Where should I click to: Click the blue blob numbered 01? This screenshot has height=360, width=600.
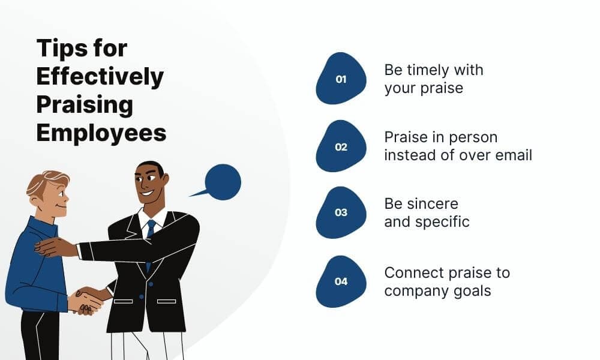tap(341, 79)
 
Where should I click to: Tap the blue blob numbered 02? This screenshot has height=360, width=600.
tap(341, 146)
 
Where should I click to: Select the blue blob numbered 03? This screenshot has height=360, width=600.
tap(341, 213)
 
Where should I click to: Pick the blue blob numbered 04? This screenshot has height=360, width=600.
tap(341, 281)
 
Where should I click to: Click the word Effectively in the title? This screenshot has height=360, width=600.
tap(100, 77)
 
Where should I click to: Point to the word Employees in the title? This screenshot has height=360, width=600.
tap(101, 133)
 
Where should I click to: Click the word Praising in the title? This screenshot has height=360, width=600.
tap(85, 104)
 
